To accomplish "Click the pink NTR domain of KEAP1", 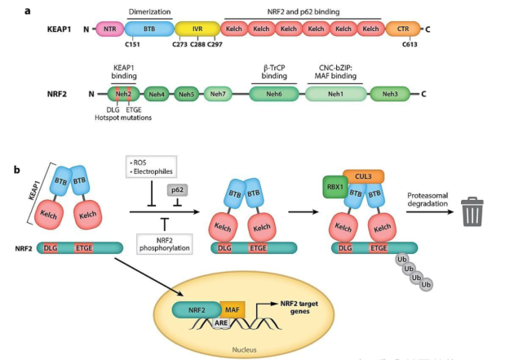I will click(x=109, y=29).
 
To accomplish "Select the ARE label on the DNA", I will click(x=220, y=323).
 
